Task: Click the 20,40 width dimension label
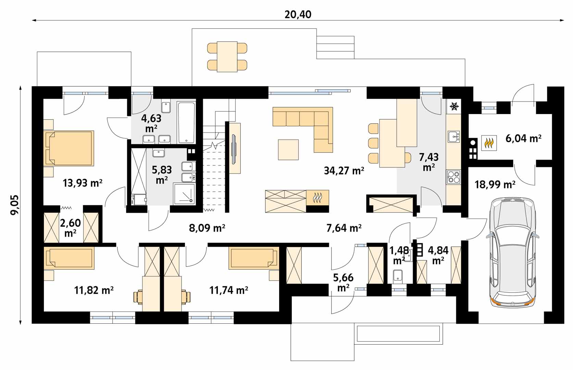coord(298,15)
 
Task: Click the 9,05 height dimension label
coord(15,205)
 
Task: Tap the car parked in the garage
coord(512,252)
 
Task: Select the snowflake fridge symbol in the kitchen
coord(454,106)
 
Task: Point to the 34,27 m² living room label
coord(344,170)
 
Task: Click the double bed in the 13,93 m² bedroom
coord(69,148)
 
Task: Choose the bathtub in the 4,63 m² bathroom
coord(186,122)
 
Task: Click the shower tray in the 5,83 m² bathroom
coord(184,194)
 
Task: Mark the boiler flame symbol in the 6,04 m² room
coord(489,143)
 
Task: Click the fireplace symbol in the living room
coord(317,198)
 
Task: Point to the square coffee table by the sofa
coord(288,150)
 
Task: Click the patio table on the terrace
coord(227,57)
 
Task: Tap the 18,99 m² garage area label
coord(495,185)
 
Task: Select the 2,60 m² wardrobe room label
coord(70,228)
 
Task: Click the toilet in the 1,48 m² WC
coord(398,275)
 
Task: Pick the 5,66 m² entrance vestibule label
coord(343,283)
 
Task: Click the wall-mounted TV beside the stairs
coord(234,149)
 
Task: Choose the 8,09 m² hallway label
coord(207,228)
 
